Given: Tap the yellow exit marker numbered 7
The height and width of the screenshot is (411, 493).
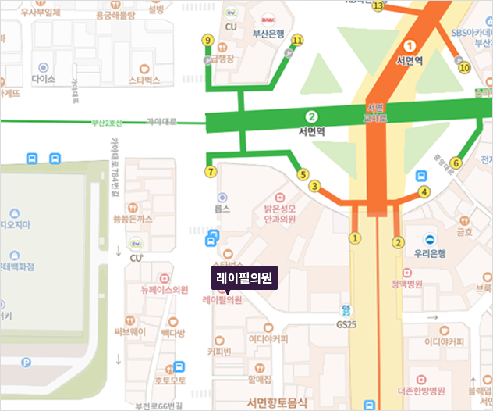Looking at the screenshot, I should [209, 172].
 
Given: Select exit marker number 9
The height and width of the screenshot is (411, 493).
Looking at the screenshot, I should [207, 41].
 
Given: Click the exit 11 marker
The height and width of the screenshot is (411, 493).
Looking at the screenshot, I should [296, 40].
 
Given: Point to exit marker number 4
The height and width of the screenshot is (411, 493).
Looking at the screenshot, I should [424, 191].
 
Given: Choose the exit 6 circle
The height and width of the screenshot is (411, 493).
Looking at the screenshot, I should [456, 163].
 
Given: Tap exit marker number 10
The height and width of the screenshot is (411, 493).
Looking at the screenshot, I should [465, 68].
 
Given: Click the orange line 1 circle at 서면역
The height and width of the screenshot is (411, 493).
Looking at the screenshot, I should [410, 45].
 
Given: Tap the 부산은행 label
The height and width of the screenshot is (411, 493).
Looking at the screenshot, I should [266, 34].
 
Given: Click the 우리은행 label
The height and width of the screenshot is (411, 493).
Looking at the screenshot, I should [429, 253].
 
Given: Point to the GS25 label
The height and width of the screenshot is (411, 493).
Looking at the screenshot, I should [346, 323].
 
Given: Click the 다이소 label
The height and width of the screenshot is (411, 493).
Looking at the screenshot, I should [44, 79].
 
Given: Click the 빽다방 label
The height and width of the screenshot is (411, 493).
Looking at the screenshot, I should [173, 333].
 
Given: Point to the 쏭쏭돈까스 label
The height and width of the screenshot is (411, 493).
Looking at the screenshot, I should [133, 220].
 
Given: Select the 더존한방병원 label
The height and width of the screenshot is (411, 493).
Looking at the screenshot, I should [420, 390].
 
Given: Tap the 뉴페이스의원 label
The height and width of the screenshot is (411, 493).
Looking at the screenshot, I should [164, 289].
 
